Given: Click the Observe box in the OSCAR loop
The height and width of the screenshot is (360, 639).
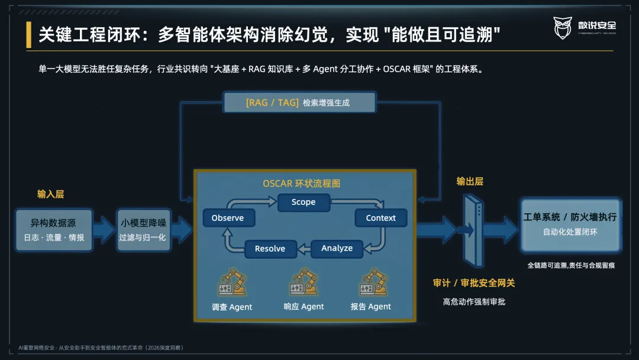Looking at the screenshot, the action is [228, 218].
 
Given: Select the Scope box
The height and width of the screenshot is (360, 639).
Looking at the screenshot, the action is [304, 202].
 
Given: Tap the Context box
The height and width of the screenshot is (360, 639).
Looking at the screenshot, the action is [380, 218].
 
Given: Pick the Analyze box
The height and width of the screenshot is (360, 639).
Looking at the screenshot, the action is [337, 248].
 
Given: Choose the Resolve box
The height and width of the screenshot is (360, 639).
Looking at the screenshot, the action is [270, 249].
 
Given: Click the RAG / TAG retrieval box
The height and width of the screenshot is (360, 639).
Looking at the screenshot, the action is [299, 102].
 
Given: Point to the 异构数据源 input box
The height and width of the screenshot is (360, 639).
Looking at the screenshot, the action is [54, 230].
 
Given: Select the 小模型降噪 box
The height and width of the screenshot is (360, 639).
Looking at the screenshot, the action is [143, 230].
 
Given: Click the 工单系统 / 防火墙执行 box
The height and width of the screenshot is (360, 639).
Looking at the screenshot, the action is [570, 224].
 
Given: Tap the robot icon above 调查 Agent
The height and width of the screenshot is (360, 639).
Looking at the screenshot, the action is [233, 282].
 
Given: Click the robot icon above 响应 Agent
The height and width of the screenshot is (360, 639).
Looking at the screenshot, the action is [304, 281].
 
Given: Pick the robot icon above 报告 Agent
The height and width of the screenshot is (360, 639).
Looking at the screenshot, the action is [373, 281].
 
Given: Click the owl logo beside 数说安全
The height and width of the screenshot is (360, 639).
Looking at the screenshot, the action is [563, 28].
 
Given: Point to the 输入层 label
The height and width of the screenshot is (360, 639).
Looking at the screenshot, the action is [50, 194].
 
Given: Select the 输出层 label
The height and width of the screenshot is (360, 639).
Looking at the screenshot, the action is [470, 181].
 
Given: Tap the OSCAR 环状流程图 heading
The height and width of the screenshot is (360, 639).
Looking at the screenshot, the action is [302, 184].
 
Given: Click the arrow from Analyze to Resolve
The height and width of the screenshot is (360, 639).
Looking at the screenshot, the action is [304, 249].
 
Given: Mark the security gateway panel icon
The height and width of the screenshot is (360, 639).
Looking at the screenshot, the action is [473, 231].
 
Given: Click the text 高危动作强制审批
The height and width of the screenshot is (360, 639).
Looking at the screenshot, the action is [474, 302].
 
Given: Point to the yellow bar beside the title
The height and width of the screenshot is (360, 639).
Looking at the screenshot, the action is [28, 35].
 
